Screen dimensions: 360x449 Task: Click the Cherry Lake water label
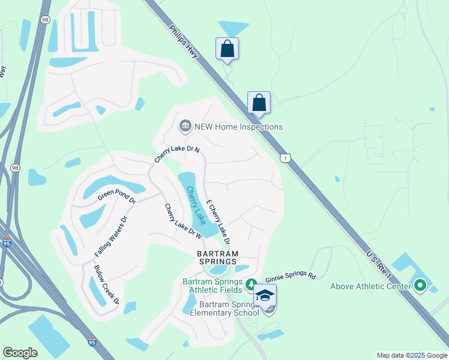(x=195, y=206)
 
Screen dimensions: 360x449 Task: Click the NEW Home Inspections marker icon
(x=185, y=126)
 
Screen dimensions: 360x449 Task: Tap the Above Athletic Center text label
(x=370, y=286)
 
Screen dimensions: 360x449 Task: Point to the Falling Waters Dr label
(x=112, y=236)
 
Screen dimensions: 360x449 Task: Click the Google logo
(x=20, y=353)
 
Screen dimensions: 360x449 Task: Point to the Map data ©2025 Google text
(x=411, y=355)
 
